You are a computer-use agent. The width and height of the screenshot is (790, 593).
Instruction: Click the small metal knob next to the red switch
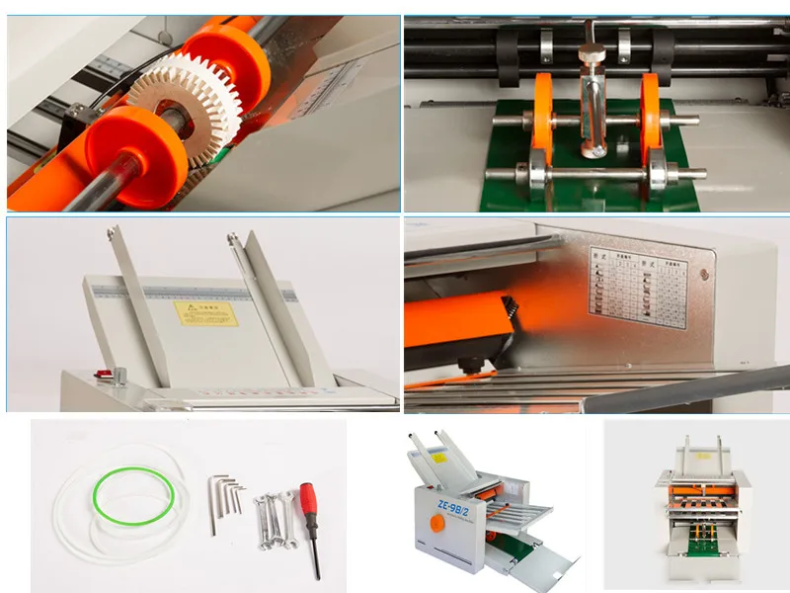pyautogui.click(x=120, y=375)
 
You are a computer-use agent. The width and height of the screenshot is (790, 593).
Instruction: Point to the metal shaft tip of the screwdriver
pyautogui.click(x=316, y=559)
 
